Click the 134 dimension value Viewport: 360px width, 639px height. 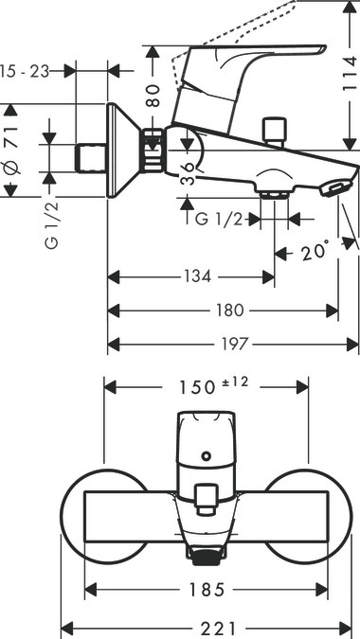click(196, 276)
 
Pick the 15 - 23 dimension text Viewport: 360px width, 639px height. click(23, 70)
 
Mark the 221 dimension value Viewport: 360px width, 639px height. click(207, 627)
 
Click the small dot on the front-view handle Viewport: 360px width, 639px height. click(204, 456)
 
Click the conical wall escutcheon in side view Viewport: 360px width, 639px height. click(120, 151)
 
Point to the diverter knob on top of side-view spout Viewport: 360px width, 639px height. click(277, 128)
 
